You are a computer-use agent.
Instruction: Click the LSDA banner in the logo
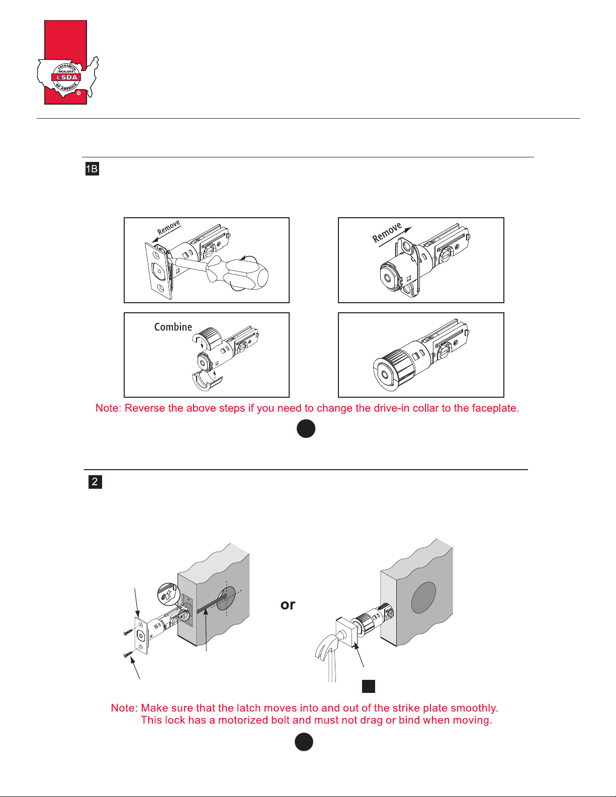coord(67,77)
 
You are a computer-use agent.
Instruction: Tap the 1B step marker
coord(92,168)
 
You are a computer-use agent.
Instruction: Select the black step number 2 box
coord(95,482)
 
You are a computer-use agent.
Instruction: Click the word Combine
coord(173,327)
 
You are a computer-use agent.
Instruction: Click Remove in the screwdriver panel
coord(168,227)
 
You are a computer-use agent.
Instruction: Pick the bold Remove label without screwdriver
coord(387,232)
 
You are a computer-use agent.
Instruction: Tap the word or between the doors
coord(288,604)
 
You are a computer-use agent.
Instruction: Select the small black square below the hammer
coord(369,686)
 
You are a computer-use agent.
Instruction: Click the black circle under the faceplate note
coord(306,429)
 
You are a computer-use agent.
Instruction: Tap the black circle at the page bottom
coord(304,742)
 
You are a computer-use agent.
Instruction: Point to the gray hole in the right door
coord(423,597)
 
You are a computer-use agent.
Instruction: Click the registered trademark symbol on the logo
coord(78,93)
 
